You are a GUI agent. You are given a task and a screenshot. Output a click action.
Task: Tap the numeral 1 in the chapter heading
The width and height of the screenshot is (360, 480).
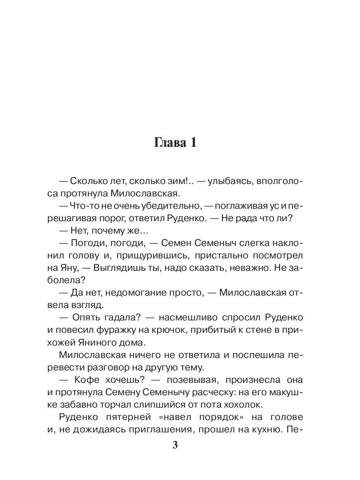click(x=192, y=143)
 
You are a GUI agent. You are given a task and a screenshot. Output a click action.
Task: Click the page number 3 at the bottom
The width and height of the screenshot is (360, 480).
click(x=174, y=445)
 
